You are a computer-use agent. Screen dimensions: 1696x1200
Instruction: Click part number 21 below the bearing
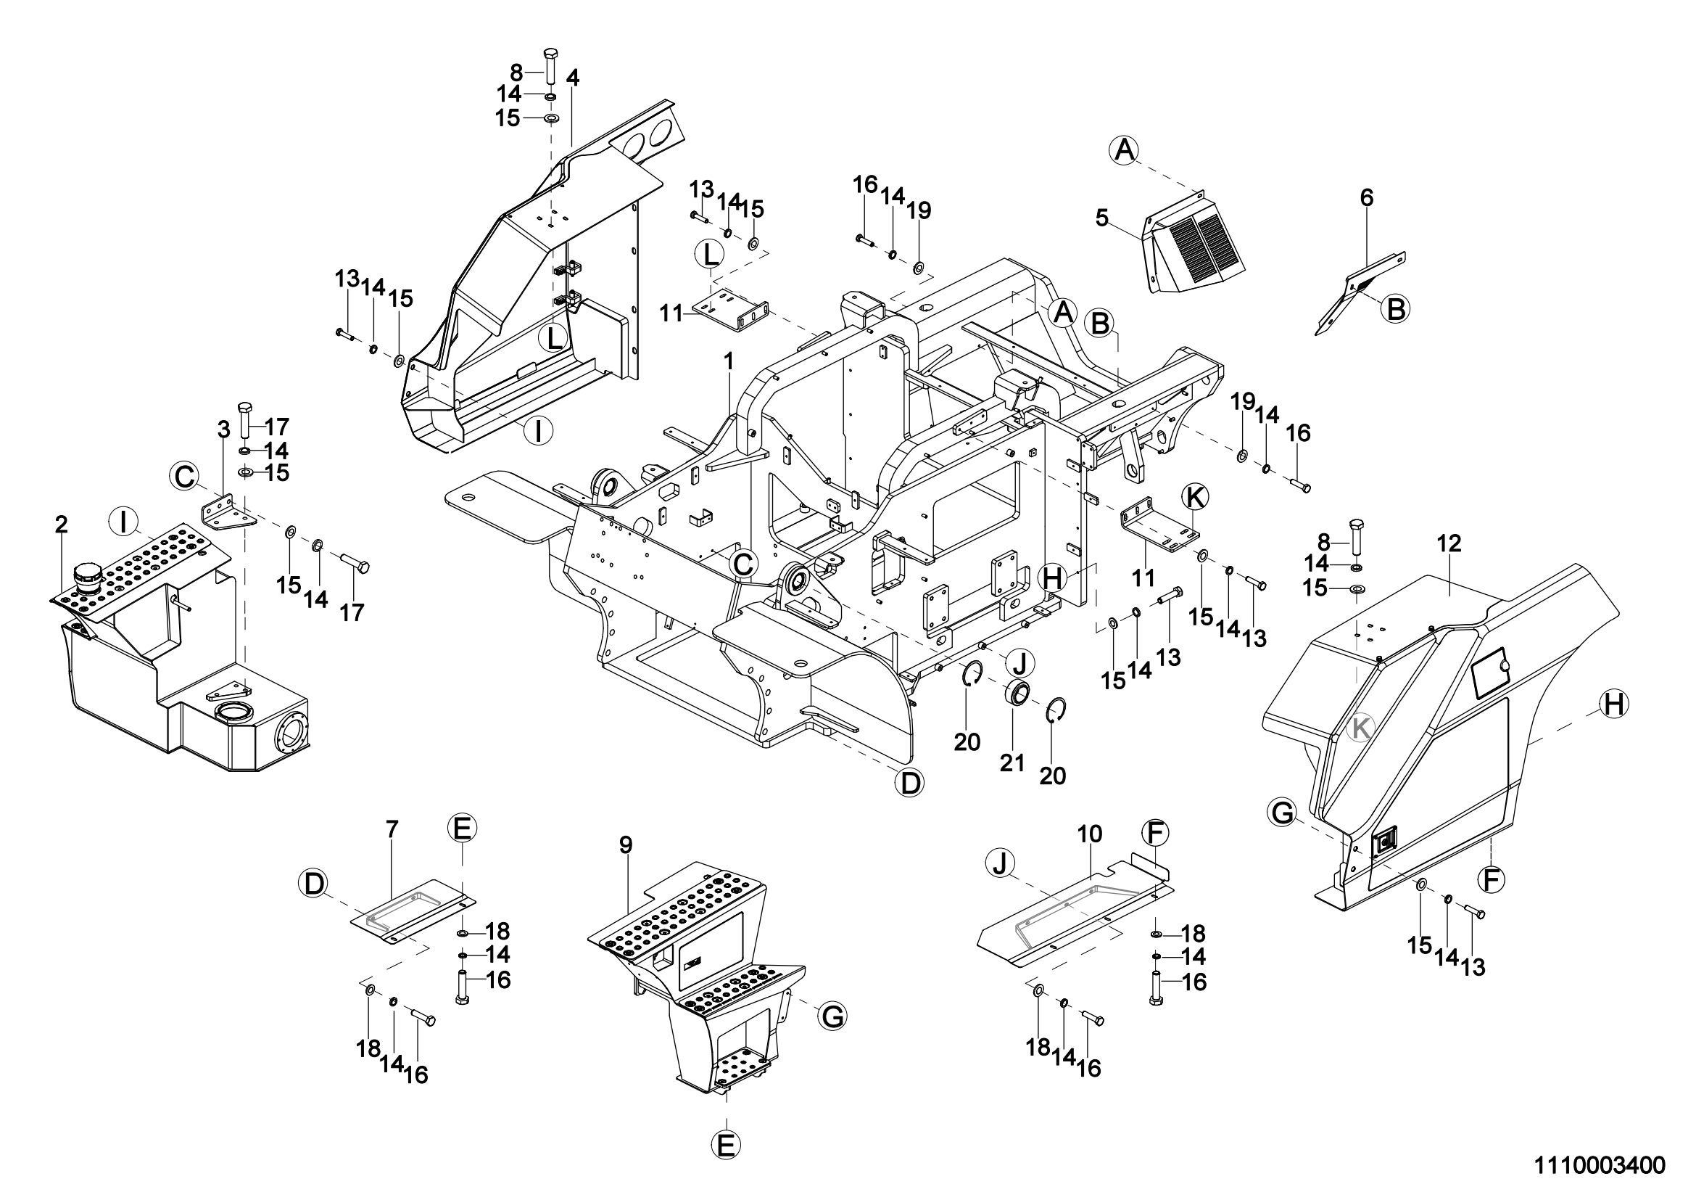[x=1012, y=762]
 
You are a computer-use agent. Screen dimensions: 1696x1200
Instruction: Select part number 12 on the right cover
[x=1449, y=544]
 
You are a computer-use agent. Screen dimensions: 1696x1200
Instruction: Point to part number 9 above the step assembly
[x=626, y=844]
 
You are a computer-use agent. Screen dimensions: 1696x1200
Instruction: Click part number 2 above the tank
[x=62, y=525]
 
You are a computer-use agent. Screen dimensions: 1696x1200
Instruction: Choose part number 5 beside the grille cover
[x=1102, y=218]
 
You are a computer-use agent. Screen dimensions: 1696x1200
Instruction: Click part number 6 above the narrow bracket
[x=1367, y=197]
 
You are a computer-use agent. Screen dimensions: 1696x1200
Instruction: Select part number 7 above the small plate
[x=392, y=829]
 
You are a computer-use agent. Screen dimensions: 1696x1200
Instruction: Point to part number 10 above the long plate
[x=1091, y=834]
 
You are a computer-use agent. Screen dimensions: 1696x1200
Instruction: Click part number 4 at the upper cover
[x=574, y=78]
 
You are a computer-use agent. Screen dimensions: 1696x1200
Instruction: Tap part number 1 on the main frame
[x=729, y=361]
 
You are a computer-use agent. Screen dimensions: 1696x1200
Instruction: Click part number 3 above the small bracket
[x=225, y=429]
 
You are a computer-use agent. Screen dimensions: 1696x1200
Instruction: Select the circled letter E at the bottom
[x=726, y=1146]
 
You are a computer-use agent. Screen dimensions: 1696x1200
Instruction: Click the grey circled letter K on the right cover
[x=1360, y=729]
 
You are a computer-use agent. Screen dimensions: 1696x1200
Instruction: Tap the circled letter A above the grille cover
[x=1123, y=151]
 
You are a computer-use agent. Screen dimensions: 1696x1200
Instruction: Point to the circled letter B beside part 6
[x=1396, y=308]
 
